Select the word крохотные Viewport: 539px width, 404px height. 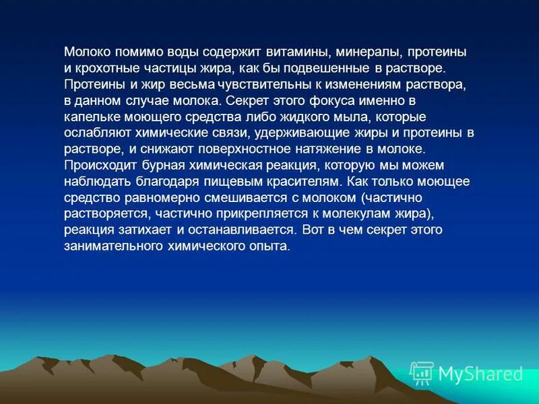point(107,69)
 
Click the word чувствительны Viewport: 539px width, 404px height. point(261,85)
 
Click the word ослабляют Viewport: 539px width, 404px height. point(96,133)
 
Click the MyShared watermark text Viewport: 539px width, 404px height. point(480,374)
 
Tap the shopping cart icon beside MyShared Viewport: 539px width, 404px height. point(422,372)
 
